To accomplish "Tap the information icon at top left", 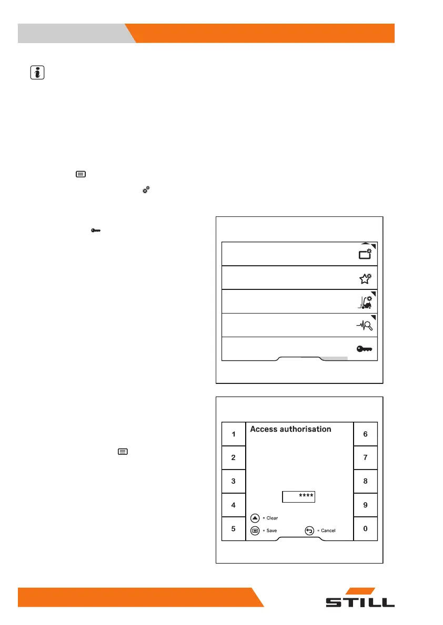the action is (36, 73).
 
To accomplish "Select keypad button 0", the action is (365, 529).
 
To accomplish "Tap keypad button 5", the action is (233, 528).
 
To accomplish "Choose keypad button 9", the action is (365, 505).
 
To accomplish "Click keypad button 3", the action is (233, 481).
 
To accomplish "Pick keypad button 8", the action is (365, 481).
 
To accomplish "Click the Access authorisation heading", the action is (290, 429).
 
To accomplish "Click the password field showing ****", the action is (298, 496).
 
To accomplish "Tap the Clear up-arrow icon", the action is (255, 518).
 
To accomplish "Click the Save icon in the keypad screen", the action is (255, 530).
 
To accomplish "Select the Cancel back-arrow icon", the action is (309, 530).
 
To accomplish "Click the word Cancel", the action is (328, 531).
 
